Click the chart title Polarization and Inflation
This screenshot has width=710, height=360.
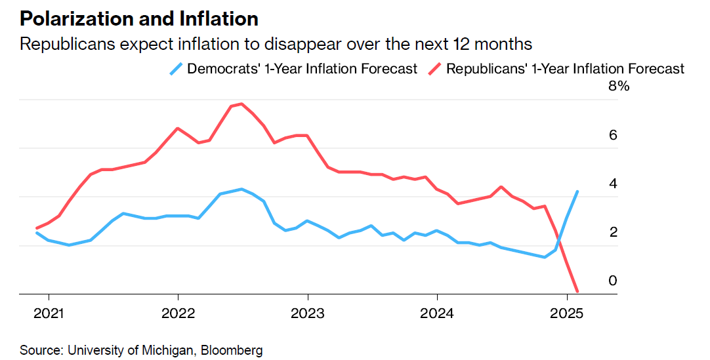pos(138,18)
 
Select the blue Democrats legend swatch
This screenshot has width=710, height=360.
pos(177,69)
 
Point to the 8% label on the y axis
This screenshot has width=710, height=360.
pos(618,87)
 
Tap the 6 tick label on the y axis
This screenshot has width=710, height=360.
pos(614,135)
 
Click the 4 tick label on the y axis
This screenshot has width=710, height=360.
pos(614,184)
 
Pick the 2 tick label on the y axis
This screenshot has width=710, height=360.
pos(614,232)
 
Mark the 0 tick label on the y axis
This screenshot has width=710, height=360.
pos(614,281)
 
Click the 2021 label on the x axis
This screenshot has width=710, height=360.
pos(49,313)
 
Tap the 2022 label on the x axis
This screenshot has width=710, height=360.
pos(178,313)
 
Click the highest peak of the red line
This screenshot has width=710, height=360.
pos(241,104)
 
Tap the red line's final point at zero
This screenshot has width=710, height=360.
pos(577,291)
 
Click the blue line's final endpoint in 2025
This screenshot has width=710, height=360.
pos(577,191)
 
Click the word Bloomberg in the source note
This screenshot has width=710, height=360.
pos(233,350)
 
